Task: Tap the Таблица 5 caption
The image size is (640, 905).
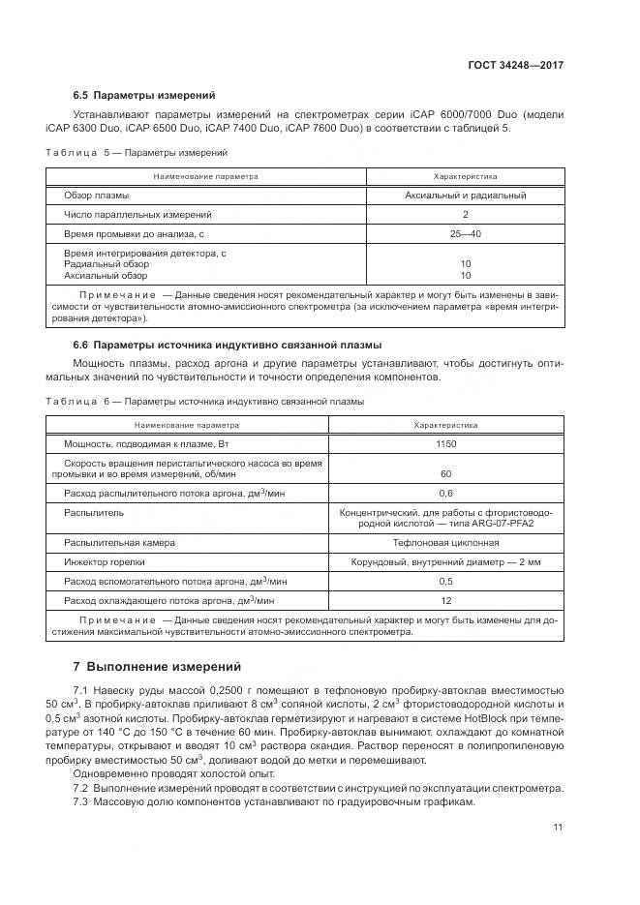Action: point(137,153)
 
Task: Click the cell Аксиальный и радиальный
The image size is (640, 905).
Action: point(465,196)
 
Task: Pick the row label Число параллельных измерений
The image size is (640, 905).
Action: point(137,214)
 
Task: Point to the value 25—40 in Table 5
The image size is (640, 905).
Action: point(465,233)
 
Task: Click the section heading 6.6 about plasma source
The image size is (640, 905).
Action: point(228,345)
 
